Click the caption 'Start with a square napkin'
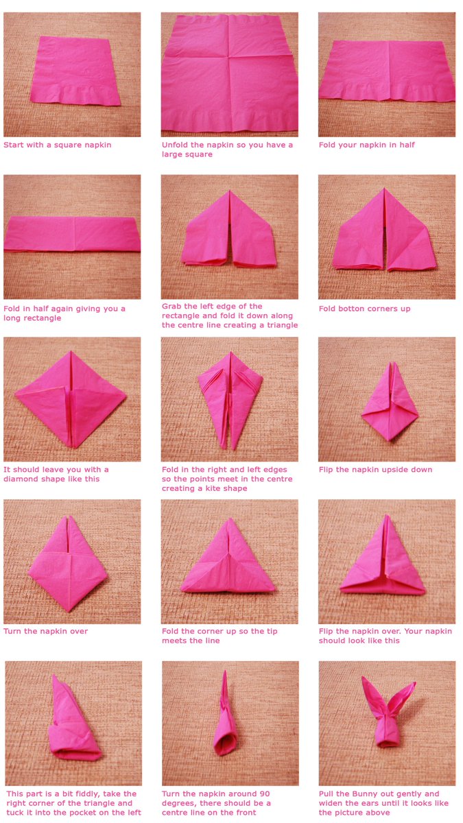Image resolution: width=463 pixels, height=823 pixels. (58, 145)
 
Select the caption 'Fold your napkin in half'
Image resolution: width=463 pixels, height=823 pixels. (366, 145)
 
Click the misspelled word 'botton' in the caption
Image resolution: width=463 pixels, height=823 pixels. (354, 309)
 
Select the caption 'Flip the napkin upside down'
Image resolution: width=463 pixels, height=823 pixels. (375, 470)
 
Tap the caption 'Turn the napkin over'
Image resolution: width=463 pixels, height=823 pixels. (45, 631)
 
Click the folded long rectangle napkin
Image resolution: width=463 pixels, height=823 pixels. (72, 234)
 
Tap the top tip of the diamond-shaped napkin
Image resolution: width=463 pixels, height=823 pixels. (71, 353)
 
